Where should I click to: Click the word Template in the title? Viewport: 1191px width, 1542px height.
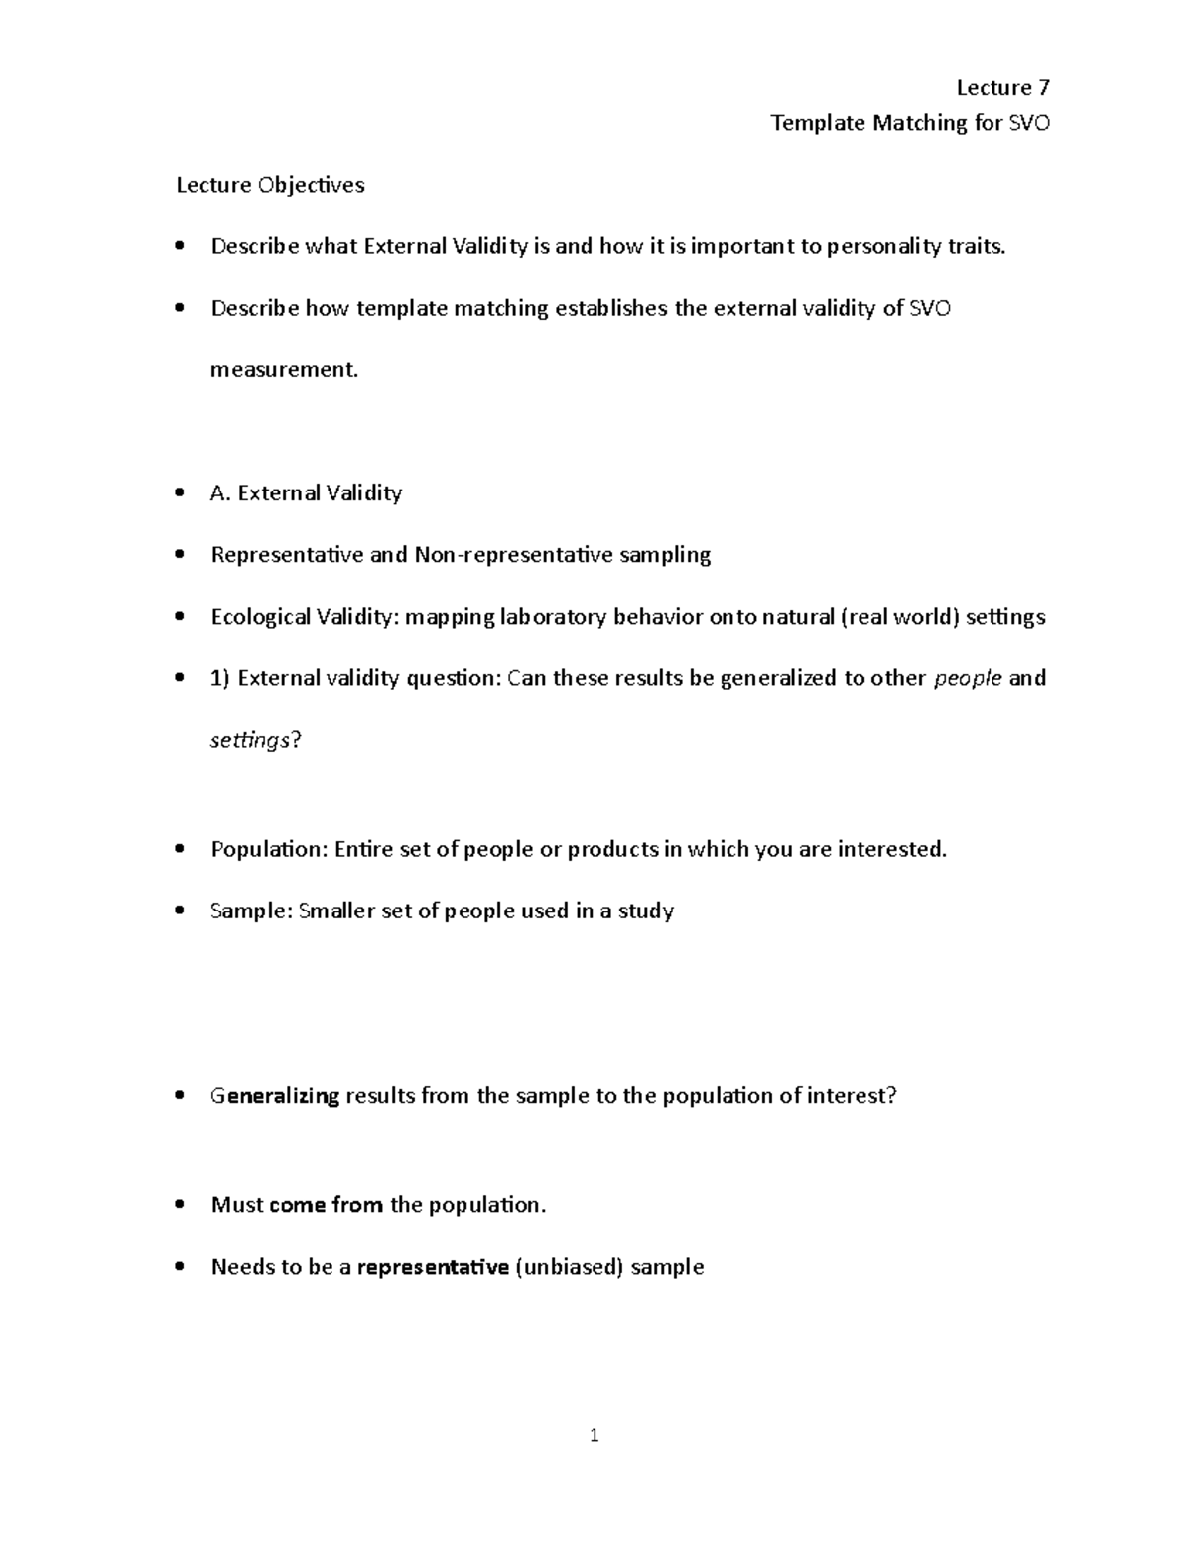tap(819, 123)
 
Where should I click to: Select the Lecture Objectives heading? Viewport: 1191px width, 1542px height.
tap(270, 186)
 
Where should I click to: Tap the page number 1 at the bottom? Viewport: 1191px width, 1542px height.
tap(594, 1435)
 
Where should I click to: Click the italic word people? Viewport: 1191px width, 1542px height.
tap(968, 679)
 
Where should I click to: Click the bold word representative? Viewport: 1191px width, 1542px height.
tap(433, 1267)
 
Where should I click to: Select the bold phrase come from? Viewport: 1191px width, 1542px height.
tap(326, 1205)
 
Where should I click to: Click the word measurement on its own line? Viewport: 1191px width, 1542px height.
tap(282, 370)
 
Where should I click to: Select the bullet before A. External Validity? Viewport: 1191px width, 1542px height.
tap(179, 493)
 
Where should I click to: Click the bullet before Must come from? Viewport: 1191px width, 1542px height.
tap(179, 1205)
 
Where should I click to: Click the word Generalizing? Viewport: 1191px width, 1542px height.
tap(275, 1097)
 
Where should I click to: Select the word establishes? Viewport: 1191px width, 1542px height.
tap(611, 309)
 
